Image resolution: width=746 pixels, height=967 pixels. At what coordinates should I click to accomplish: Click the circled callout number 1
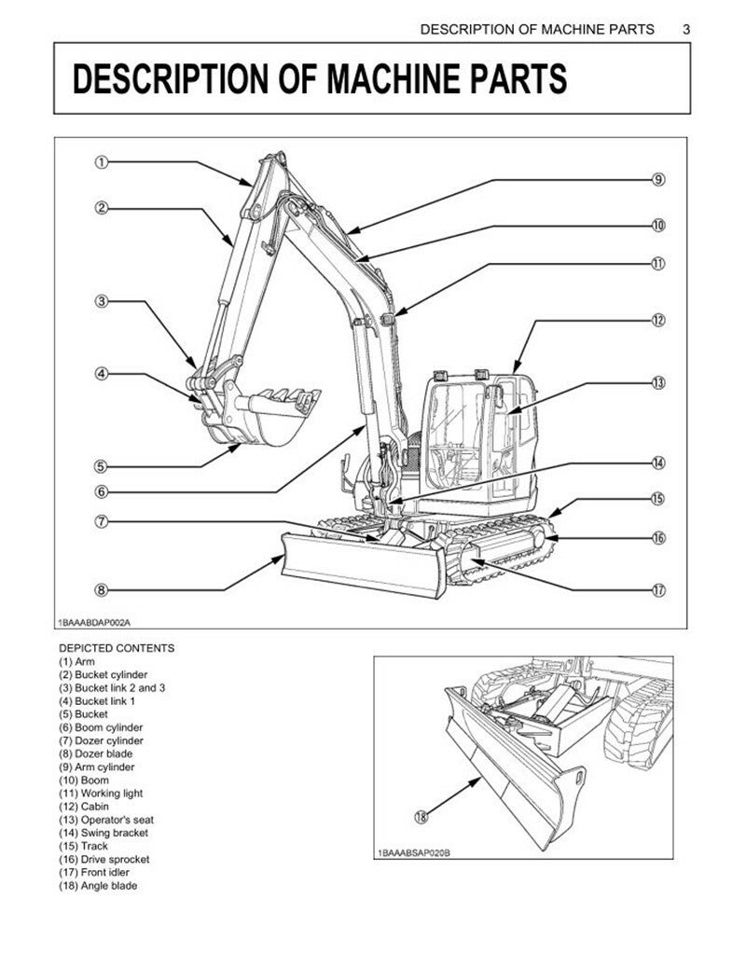coord(101,163)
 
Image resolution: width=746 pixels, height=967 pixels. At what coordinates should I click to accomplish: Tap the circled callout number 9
coord(658,179)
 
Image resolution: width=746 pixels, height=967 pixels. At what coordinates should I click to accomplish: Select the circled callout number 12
coord(658,320)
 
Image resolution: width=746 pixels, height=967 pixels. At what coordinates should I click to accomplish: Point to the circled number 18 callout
coord(421,817)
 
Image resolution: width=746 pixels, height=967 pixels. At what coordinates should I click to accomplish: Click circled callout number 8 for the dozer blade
coord(101,590)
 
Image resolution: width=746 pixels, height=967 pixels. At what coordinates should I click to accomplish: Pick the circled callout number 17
coord(658,590)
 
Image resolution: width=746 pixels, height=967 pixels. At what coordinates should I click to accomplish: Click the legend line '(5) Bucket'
coord(83,714)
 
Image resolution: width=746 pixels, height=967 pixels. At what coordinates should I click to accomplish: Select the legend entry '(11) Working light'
coord(101,793)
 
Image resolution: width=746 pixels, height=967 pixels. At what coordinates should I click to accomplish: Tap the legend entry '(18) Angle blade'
coord(98,886)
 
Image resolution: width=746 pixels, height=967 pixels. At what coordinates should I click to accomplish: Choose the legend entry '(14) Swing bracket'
coord(104,833)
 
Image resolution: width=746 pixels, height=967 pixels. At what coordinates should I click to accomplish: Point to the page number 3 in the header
coord(686,29)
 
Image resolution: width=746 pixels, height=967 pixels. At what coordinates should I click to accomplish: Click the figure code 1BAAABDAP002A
coord(94,622)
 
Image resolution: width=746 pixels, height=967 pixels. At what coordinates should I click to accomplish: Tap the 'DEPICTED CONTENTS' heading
coord(117,648)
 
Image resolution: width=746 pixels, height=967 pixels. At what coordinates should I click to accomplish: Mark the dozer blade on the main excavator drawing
coord(364,565)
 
